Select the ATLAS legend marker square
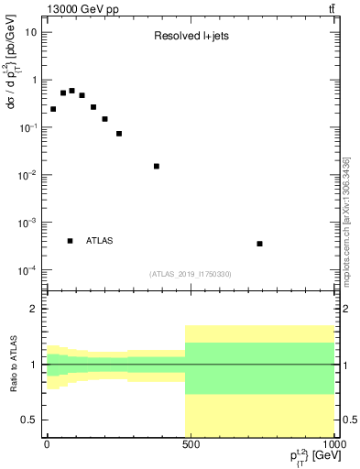pyautogui.click(x=71, y=241)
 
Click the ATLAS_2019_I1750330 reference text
pyautogui.click(x=191, y=274)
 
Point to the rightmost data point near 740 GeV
pyautogui.click(x=260, y=244)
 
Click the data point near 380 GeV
pyautogui.click(x=157, y=166)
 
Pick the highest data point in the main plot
pyautogui.click(x=71, y=91)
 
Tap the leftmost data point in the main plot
pyautogui.click(x=53, y=109)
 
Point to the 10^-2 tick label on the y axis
pyautogui.click(x=27, y=175)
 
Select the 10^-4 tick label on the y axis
pyautogui.click(x=27, y=270)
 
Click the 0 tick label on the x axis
pyautogui.click(x=47, y=443)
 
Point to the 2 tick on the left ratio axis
pyautogui.click(x=35, y=309)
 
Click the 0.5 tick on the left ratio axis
pyautogui.click(x=31, y=420)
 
